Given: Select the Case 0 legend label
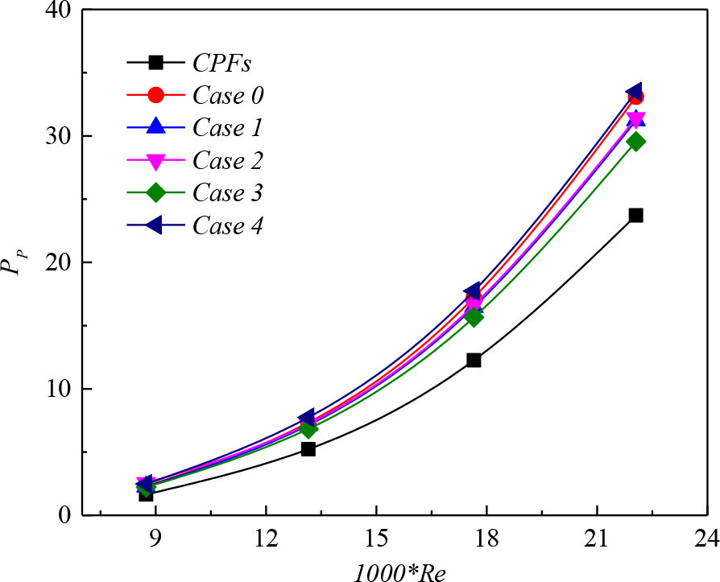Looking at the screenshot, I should (228, 94).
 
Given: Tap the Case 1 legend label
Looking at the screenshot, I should (228, 127).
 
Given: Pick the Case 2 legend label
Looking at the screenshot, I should (228, 159).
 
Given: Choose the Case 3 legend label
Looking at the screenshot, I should (228, 192).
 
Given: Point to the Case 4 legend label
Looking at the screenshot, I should (228, 225).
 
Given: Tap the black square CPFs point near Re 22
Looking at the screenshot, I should (635, 215).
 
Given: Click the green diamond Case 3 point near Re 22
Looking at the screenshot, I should (635, 142).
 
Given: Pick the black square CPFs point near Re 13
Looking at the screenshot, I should (308, 448).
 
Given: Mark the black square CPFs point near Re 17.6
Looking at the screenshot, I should (474, 360).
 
